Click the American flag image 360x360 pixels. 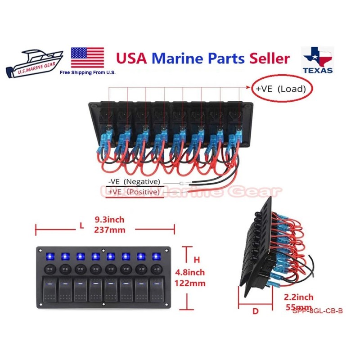coord(87,58)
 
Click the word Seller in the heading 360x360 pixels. coord(267,58)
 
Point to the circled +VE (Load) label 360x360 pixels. coord(281,89)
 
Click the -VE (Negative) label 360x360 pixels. coord(134,182)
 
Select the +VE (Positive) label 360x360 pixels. coord(134,192)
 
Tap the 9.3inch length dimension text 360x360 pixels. coord(109,220)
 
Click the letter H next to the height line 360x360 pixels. coord(196,260)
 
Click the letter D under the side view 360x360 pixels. coord(256,310)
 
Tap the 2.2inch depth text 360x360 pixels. coord(299,297)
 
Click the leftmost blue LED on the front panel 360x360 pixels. coord(49,256)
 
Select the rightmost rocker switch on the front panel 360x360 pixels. coord(156,291)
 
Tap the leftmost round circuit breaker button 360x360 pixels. coord(49,270)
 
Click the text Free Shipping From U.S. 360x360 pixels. coord(87,72)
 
